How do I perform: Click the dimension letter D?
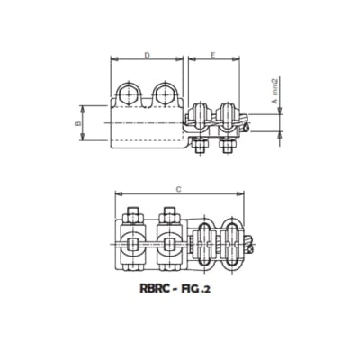pyautogui.click(x=147, y=56)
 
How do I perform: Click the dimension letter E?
pyautogui.click(x=212, y=56)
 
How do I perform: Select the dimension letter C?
pyautogui.click(x=180, y=189)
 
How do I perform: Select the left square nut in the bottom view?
pyautogui.click(x=131, y=242)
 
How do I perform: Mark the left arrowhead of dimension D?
pyautogui.click(x=112, y=61)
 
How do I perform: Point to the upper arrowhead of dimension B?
pyautogui.click(x=84, y=102)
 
